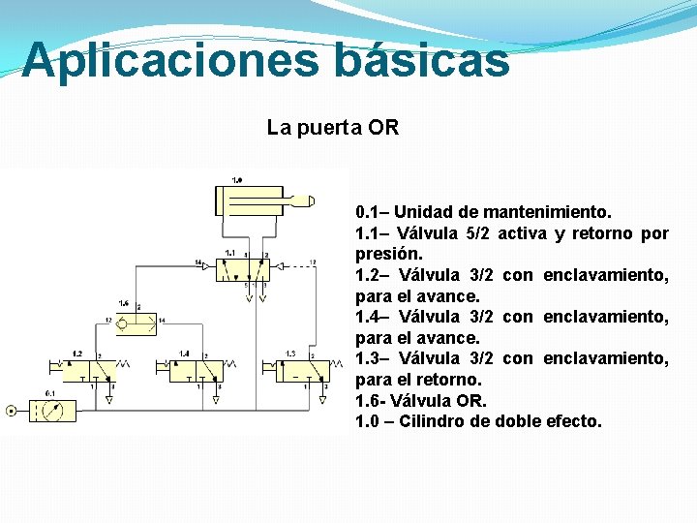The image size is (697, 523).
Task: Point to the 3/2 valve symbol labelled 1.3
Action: point(301,371)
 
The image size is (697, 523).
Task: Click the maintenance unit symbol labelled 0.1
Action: point(53,411)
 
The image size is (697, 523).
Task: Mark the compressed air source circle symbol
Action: point(11,411)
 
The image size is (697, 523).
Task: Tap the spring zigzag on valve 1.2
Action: point(121,365)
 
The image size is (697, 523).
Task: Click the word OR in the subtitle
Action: point(383,128)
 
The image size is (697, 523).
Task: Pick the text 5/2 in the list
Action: point(479,232)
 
